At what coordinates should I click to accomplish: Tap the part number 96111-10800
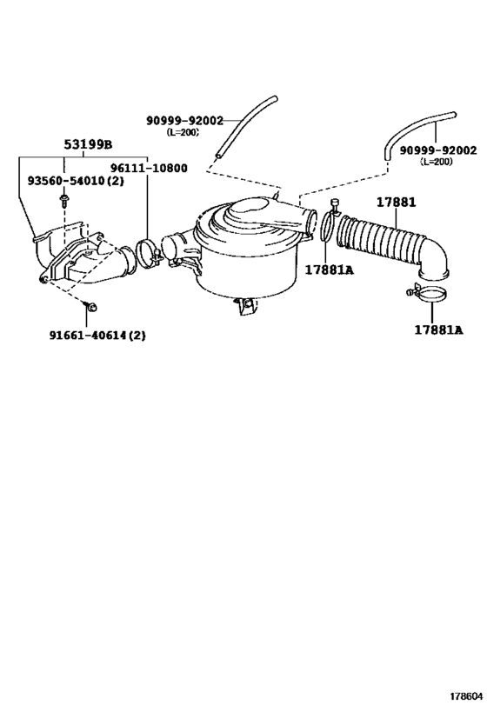(x=148, y=168)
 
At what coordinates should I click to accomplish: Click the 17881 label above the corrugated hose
(x=396, y=202)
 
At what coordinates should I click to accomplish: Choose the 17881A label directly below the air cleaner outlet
(x=329, y=269)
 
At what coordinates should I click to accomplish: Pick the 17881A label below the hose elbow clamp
(x=438, y=329)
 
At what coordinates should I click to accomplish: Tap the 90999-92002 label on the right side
(x=438, y=150)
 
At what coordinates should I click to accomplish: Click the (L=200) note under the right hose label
(x=438, y=162)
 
